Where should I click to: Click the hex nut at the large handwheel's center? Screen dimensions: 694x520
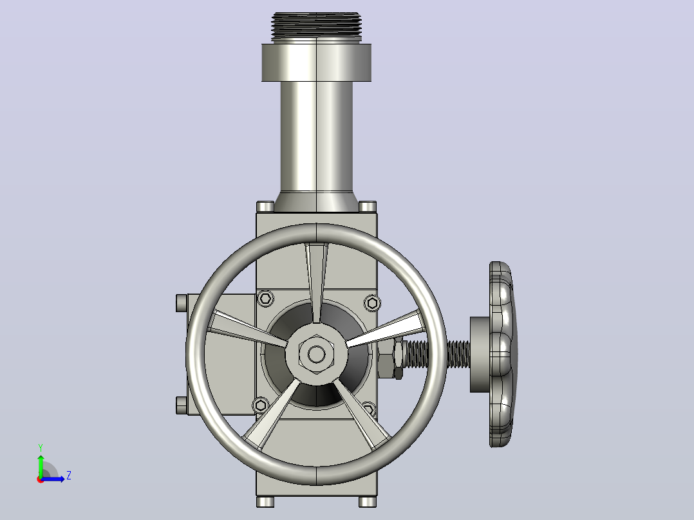point(316,354)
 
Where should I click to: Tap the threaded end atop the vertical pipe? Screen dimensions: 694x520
point(316,27)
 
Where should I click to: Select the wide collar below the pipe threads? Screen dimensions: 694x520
point(316,62)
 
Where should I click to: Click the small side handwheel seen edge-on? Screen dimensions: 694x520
point(502,354)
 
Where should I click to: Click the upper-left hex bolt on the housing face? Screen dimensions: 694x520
point(265,298)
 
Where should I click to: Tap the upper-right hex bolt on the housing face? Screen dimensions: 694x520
point(372,303)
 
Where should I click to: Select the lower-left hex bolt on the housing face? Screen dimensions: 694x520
point(260,405)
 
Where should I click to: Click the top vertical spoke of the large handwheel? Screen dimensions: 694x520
point(317,283)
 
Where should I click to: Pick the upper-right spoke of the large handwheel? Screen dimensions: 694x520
point(385,328)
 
